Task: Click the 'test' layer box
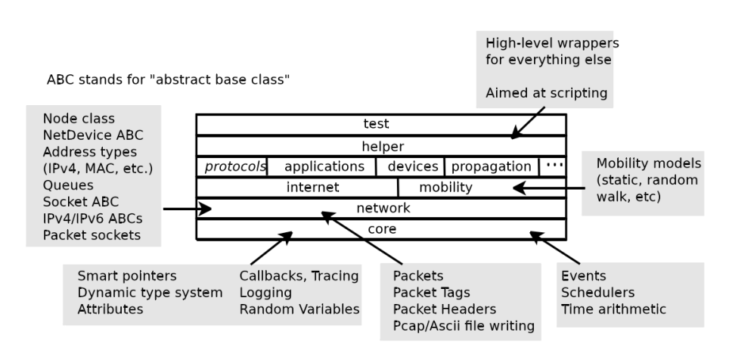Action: [x=381, y=124]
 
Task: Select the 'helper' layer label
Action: [x=381, y=145]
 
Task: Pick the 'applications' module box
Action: [x=324, y=166]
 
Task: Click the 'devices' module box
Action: [x=412, y=166]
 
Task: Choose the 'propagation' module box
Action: [x=492, y=166]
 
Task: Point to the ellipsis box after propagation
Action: [x=553, y=166]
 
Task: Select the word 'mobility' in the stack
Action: [x=445, y=187]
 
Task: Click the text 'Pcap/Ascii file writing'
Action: [x=464, y=326]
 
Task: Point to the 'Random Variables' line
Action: [x=299, y=309]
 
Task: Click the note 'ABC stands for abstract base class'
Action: [x=169, y=79]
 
